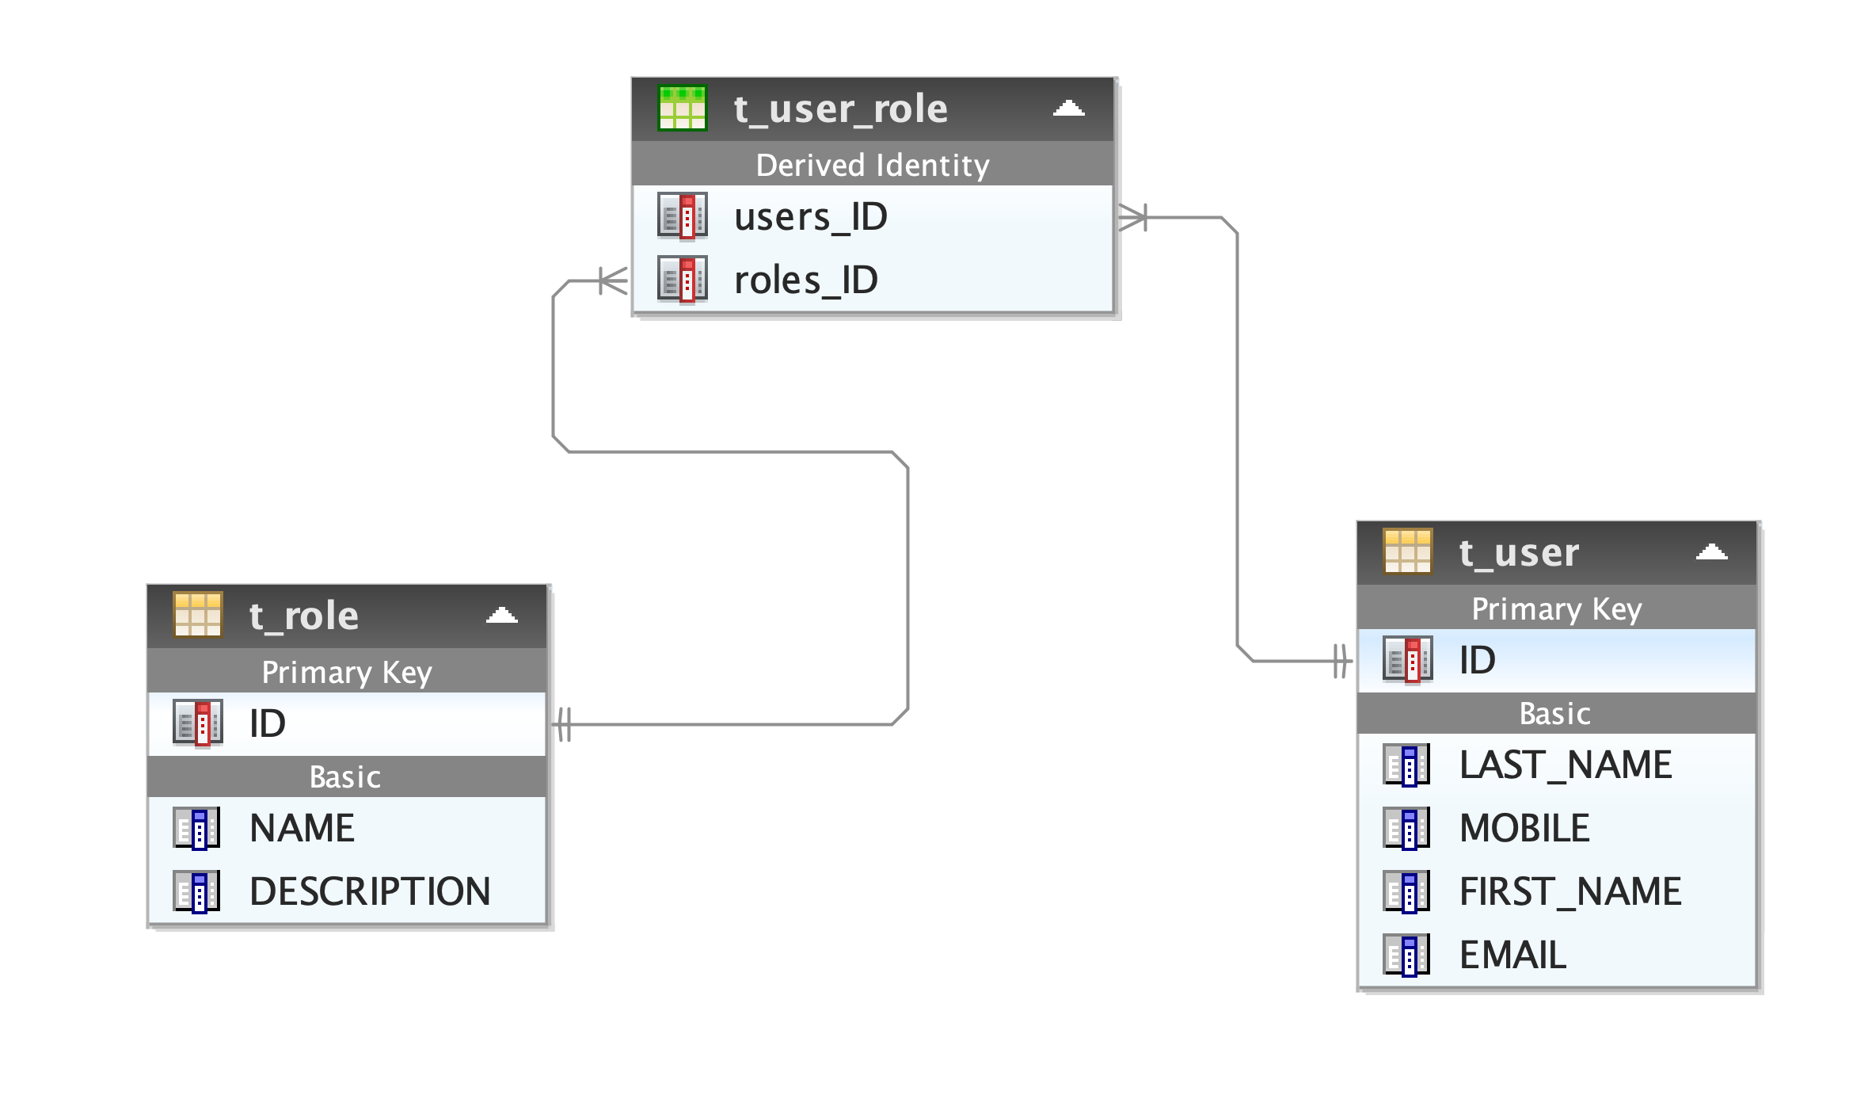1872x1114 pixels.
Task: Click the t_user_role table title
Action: pos(840,109)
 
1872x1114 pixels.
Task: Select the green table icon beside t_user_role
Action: pos(682,109)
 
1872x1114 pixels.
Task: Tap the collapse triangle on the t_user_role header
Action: pos(1068,109)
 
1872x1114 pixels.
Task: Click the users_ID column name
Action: pos(810,216)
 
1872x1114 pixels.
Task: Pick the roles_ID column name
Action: pos(805,280)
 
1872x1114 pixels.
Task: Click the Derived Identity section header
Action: pos(873,165)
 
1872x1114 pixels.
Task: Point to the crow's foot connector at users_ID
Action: pos(1132,217)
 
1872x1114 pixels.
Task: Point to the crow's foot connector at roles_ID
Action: pos(613,280)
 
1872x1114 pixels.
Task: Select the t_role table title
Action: pos(303,616)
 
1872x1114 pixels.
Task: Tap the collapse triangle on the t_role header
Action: pos(501,616)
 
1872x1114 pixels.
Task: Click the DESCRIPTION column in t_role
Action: pos(370,891)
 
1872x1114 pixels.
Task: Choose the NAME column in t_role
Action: pos(302,828)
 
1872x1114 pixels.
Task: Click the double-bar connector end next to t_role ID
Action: pos(564,724)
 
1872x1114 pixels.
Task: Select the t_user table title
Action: pos(1519,552)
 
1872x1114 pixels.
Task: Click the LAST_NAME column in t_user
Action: pos(1565,765)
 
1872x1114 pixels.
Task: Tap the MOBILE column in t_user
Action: pos(1524,828)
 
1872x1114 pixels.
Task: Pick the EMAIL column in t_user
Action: pos(1512,955)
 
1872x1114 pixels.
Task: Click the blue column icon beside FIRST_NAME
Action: pos(1406,891)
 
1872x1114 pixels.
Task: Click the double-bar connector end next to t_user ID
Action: pos(1340,661)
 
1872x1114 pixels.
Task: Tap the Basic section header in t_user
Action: pos(1554,714)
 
